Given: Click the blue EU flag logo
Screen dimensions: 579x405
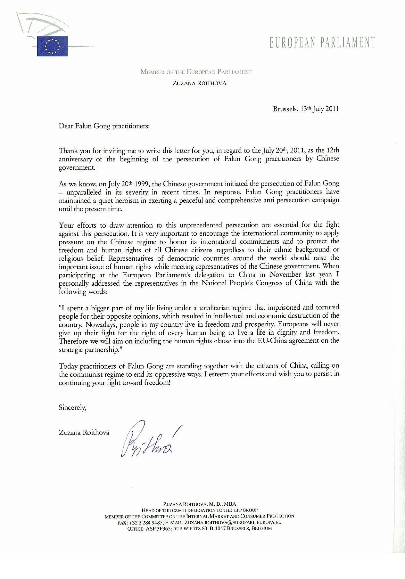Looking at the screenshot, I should point(52,46).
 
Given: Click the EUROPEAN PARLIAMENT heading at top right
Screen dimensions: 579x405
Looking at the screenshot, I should point(322,42).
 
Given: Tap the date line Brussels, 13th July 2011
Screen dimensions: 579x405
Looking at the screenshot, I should point(306,109).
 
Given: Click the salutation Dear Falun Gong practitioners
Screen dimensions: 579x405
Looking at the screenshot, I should point(104,126).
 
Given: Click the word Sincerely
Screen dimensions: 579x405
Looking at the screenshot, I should point(72,408).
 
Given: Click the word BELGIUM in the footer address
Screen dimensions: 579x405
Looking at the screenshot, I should point(261,528).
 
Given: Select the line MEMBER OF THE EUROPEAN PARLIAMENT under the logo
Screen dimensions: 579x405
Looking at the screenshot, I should point(196,72).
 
